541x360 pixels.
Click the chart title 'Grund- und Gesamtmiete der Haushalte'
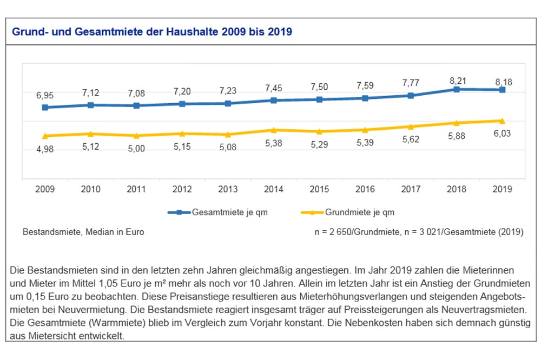151,32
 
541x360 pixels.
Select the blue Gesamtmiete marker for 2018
457,89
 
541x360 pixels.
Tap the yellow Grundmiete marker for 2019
502,121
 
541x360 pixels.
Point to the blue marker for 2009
45,108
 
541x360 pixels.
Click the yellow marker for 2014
274,130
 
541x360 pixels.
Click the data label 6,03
502,134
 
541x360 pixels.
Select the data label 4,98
45,149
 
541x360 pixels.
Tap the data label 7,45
274,88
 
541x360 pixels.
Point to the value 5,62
411,140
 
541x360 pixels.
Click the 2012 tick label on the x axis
182,190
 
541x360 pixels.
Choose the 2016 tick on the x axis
365,190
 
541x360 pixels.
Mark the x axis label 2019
502,190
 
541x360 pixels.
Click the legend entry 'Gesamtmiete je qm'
229,212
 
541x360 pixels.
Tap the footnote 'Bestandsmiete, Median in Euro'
83,232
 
